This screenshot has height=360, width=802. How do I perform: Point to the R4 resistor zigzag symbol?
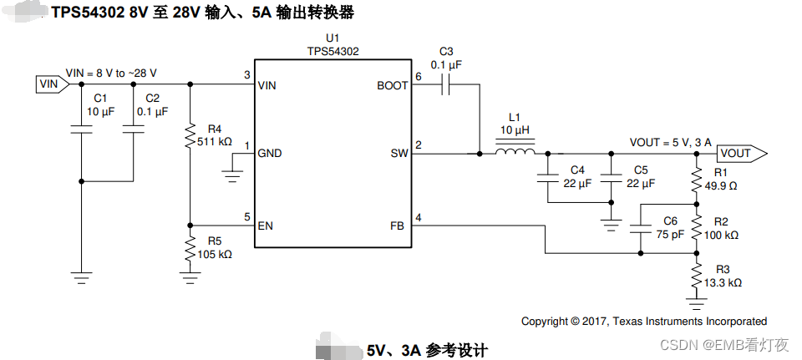click(190, 136)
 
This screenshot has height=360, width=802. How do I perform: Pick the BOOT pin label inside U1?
click(392, 85)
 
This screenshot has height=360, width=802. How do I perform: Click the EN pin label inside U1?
click(266, 226)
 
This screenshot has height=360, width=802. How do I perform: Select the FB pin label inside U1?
click(398, 226)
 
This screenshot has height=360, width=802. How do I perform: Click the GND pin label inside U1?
click(270, 154)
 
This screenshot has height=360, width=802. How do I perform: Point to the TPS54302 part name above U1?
click(332, 51)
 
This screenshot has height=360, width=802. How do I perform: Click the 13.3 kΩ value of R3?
click(723, 282)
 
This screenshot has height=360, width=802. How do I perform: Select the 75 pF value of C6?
click(669, 235)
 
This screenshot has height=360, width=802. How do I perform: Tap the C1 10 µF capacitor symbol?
click(81, 129)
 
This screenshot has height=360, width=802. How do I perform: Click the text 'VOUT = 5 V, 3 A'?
click(670, 142)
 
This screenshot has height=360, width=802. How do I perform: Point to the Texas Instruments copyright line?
click(643, 321)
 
